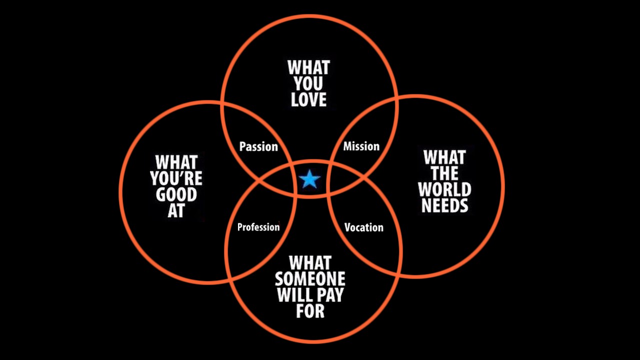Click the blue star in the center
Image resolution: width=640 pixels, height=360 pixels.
(x=309, y=179)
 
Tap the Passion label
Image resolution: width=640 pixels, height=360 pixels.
(x=258, y=146)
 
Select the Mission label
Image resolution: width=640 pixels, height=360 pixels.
(x=361, y=146)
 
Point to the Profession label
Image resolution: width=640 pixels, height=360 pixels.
(x=258, y=227)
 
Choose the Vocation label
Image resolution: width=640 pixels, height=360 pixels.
(x=364, y=227)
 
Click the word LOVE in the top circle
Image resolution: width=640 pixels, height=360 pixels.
(x=309, y=99)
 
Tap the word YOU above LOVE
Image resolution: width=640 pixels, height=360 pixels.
(x=308, y=83)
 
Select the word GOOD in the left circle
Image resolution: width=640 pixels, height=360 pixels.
(x=176, y=194)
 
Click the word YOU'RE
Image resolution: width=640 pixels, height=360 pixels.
(x=176, y=178)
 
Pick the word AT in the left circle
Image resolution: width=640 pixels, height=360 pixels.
(x=176, y=210)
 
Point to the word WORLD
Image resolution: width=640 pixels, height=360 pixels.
(x=444, y=189)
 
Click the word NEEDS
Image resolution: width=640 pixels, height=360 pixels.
(x=445, y=205)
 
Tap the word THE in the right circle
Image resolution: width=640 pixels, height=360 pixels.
(x=445, y=173)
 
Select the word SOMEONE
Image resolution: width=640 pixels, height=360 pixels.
(x=310, y=279)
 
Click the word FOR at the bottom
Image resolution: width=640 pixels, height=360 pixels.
(x=310, y=311)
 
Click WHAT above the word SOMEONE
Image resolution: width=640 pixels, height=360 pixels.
(x=310, y=263)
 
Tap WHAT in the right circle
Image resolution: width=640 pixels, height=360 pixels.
(x=445, y=157)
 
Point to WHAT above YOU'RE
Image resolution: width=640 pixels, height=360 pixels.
(x=176, y=162)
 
